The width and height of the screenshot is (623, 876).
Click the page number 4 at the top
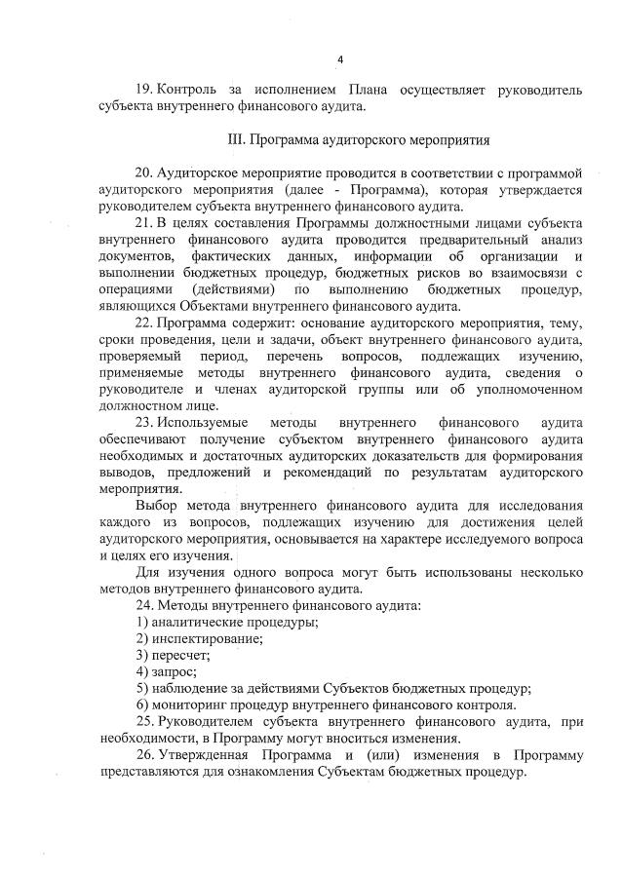(x=340, y=59)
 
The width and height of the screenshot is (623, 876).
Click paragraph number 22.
(x=145, y=323)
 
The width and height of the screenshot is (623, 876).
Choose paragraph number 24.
(x=145, y=607)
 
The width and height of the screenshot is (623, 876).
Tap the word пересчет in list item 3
(x=180, y=656)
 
